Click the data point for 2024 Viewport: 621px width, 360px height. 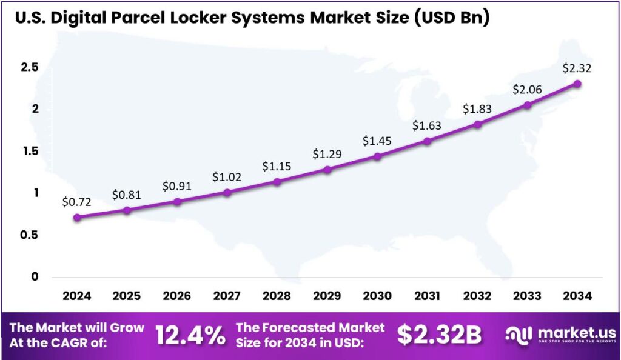pos(76,217)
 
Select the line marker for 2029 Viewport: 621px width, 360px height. pos(327,170)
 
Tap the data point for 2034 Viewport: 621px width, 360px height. pos(577,84)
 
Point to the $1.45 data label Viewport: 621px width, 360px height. pos(377,141)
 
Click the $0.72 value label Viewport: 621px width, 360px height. pos(76,202)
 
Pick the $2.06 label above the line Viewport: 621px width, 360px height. pos(528,90)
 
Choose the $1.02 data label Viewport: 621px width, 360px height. pos(227,177)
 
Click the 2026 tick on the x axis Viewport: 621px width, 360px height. pos(176,296)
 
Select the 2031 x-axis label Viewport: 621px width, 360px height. pos(427,296)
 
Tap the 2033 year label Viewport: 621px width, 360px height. pos(527,296)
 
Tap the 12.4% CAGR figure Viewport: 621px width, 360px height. pos(190,335)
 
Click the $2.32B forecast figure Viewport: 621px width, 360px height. pos(440,335)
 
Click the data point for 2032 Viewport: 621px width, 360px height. pos(477,124)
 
